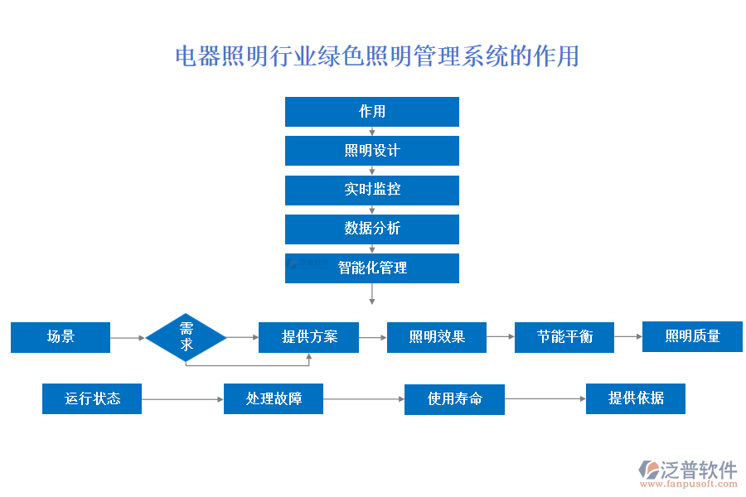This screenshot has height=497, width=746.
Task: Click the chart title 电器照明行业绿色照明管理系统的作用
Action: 377,56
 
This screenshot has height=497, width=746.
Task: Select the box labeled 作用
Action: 371,112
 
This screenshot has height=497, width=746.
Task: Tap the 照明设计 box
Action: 371,151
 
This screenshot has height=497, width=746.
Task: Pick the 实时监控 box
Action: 371,190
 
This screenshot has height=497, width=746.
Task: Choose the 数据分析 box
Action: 371,229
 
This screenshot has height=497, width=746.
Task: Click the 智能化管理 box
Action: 371,268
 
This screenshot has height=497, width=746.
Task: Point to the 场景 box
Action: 61,337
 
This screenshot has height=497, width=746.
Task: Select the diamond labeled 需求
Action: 186,337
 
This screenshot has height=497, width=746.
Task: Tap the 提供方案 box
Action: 308,337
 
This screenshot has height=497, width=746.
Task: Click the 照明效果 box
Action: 436,337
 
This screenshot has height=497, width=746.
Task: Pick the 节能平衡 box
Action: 564,337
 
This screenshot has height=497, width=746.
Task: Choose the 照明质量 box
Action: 692,336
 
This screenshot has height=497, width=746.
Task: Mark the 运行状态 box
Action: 92,398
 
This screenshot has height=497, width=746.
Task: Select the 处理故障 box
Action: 274,398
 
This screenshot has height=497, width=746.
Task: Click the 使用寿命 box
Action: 454,398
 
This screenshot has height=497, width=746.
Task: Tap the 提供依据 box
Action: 636,398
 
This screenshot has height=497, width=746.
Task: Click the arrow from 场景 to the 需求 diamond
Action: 128,338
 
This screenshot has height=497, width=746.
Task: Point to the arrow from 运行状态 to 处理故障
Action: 182,399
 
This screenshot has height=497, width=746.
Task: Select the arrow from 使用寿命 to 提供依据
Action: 545,399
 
